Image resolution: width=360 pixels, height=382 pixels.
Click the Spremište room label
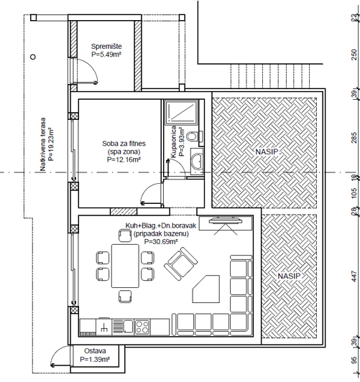tap(106, 47)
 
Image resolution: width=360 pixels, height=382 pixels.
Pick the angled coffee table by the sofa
tap(209, 289)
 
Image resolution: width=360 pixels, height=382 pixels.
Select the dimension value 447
tap(354, 274)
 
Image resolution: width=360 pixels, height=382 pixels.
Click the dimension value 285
tap(354, 138)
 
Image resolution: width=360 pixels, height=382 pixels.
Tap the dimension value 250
tap(354, 54)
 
